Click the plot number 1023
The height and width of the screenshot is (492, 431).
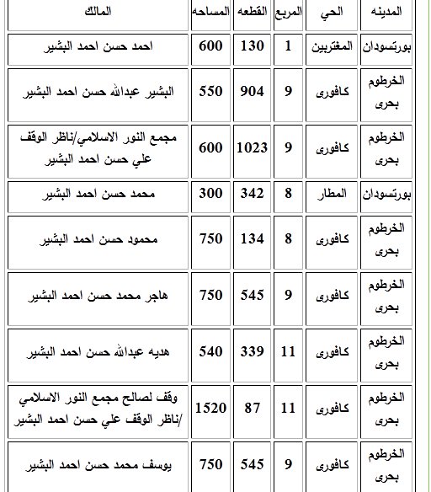pyautogui.click(x=252, y=148)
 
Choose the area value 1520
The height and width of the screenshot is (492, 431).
pyautogui.click(x=210, y=409)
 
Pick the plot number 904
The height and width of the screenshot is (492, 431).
pyautogui.click(x=252, y=89)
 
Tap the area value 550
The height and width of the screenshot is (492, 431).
pyautogui.click(x=210, y=89)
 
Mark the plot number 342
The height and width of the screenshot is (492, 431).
pyautogui.click(x=252, y=195)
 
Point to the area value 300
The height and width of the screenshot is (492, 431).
pyautogui.click(x=210, y=195)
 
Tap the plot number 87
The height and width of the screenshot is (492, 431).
pyautogui.click(x=252, y=409)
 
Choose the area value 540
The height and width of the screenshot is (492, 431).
pyautogui.click(x=210, y=352)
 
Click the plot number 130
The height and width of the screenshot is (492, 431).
pyautogui.click(x=252, y=45)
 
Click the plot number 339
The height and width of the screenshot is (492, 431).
pyautogui.click(x=252, y=352)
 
